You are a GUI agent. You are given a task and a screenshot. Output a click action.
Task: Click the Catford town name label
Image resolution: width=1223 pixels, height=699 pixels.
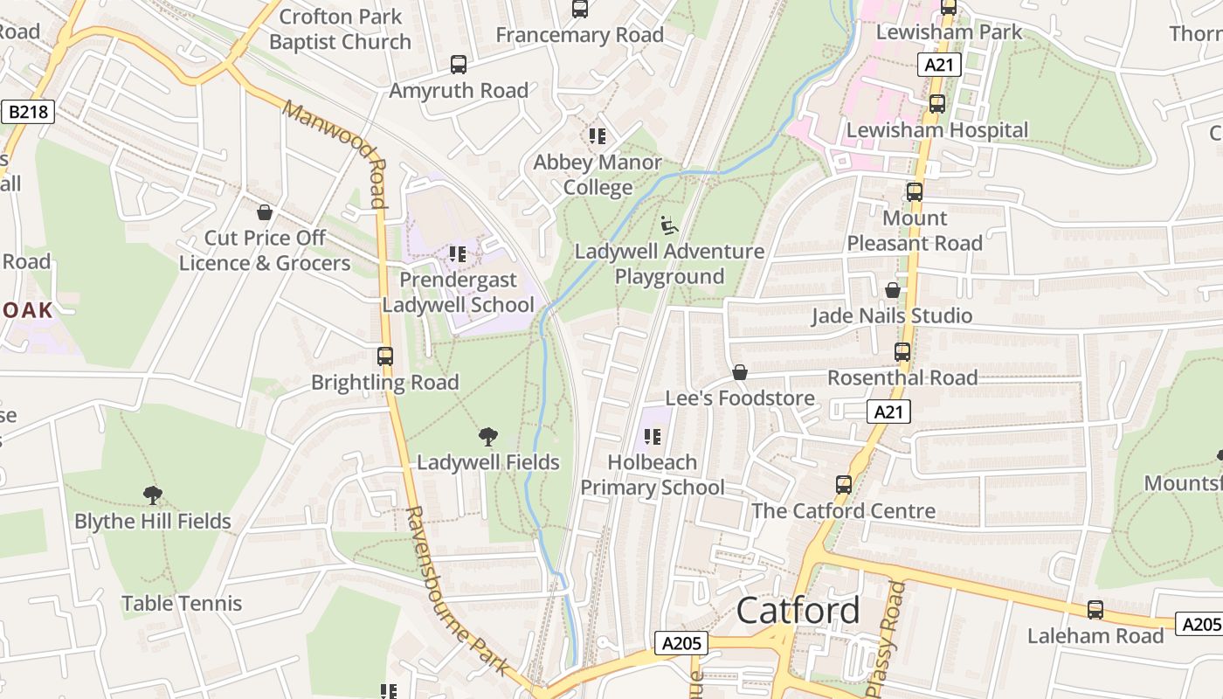point(798,611)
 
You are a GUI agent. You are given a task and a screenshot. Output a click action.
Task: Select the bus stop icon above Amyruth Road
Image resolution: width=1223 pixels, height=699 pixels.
point(459,65)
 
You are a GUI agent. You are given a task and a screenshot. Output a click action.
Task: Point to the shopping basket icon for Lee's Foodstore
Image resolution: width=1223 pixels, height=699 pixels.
point(740,373)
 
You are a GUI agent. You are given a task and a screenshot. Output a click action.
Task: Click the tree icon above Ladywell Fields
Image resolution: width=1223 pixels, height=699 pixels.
point(488,437)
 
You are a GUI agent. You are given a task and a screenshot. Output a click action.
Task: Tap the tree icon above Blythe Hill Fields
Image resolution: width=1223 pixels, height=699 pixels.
point(153,495)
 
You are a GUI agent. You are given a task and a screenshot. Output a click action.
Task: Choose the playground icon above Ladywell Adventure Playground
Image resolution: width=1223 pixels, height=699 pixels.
point(669,225)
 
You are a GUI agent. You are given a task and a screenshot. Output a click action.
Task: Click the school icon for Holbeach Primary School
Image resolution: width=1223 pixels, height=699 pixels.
point(652,437)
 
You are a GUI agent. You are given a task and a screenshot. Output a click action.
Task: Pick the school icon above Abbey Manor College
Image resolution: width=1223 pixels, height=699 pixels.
point(598,136)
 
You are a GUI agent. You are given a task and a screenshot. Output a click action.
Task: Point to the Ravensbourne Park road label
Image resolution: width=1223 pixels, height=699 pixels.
point(456,591)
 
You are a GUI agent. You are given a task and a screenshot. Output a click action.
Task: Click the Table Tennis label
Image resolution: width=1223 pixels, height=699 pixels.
point(182,603)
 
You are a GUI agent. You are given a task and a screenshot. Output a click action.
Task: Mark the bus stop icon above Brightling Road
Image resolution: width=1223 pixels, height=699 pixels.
point(385,356)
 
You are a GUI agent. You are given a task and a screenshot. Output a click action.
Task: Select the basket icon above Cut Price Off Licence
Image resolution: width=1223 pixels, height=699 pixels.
point(265,212)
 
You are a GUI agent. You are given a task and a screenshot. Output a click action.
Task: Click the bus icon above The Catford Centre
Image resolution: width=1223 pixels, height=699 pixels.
point(844,485)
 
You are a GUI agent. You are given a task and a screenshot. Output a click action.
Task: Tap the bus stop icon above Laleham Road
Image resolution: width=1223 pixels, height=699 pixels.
point(1095,610)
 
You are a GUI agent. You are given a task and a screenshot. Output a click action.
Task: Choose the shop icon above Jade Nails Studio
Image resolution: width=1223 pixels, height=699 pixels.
point(893,290)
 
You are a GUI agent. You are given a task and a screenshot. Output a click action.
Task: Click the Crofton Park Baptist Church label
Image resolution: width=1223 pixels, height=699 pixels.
point(340,29)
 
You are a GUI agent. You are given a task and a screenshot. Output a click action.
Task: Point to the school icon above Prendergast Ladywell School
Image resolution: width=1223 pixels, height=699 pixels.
point(457,254)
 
